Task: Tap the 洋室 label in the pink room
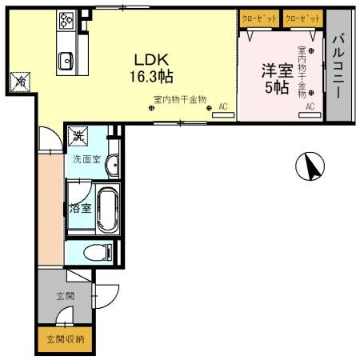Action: coord(275,71)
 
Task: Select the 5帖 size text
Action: coord(277,88)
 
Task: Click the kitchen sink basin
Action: coord(66,58)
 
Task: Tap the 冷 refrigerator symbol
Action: coord(20,82)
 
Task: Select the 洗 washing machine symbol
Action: coord(78,136)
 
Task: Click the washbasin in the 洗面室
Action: coord(113,166)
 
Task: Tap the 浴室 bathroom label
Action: coord(79,209)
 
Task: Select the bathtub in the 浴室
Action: coord(107,209)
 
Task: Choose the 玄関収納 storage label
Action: coord(64,339)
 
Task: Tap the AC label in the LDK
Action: coord(223,106)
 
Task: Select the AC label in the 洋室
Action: coord(309,106)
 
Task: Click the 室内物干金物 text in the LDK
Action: coord(180,99)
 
